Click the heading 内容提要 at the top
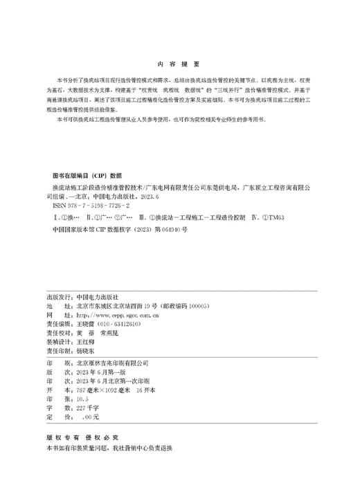(x=179, y=61)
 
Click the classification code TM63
(x=273, y=217)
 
